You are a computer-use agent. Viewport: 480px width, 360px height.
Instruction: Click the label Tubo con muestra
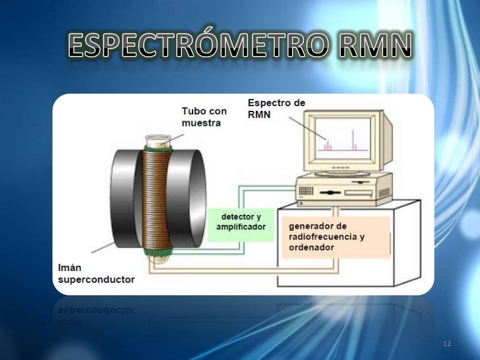204,117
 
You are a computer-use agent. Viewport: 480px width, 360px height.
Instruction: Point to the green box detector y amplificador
241,222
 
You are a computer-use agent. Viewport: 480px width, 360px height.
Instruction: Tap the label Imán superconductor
93,274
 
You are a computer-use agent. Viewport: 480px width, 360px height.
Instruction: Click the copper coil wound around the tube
156,198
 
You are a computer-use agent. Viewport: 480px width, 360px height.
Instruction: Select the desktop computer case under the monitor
343,189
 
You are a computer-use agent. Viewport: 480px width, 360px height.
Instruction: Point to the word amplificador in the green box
241,227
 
